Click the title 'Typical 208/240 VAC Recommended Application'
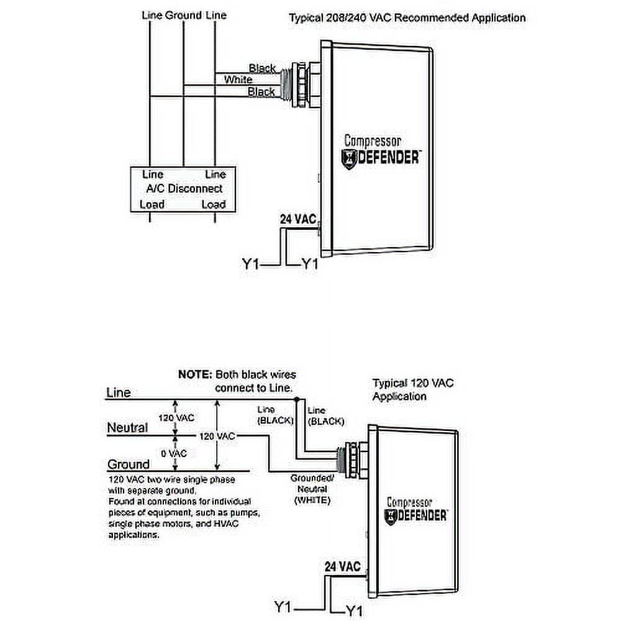pyautogui.click(x=407, y=17)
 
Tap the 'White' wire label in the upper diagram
pyautogui.click(x=238, y=79)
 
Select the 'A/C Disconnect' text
pyautogui.click(x=184, y=188)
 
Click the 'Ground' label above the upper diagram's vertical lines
pyautogui.click(x=183, y=14)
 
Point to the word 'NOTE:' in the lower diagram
pyautogui.click(x=194, y=375)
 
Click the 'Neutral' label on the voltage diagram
pyautogui.click(x=127, y=428)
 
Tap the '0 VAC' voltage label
pyautogui.click(x=174, y=453)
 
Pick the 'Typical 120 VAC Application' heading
pyautogui.click(x=413, y=389)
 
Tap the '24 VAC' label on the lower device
pyautogui.click(x=342, y=566)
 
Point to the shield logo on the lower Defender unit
pyautogui.click(x=391, y=515)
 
